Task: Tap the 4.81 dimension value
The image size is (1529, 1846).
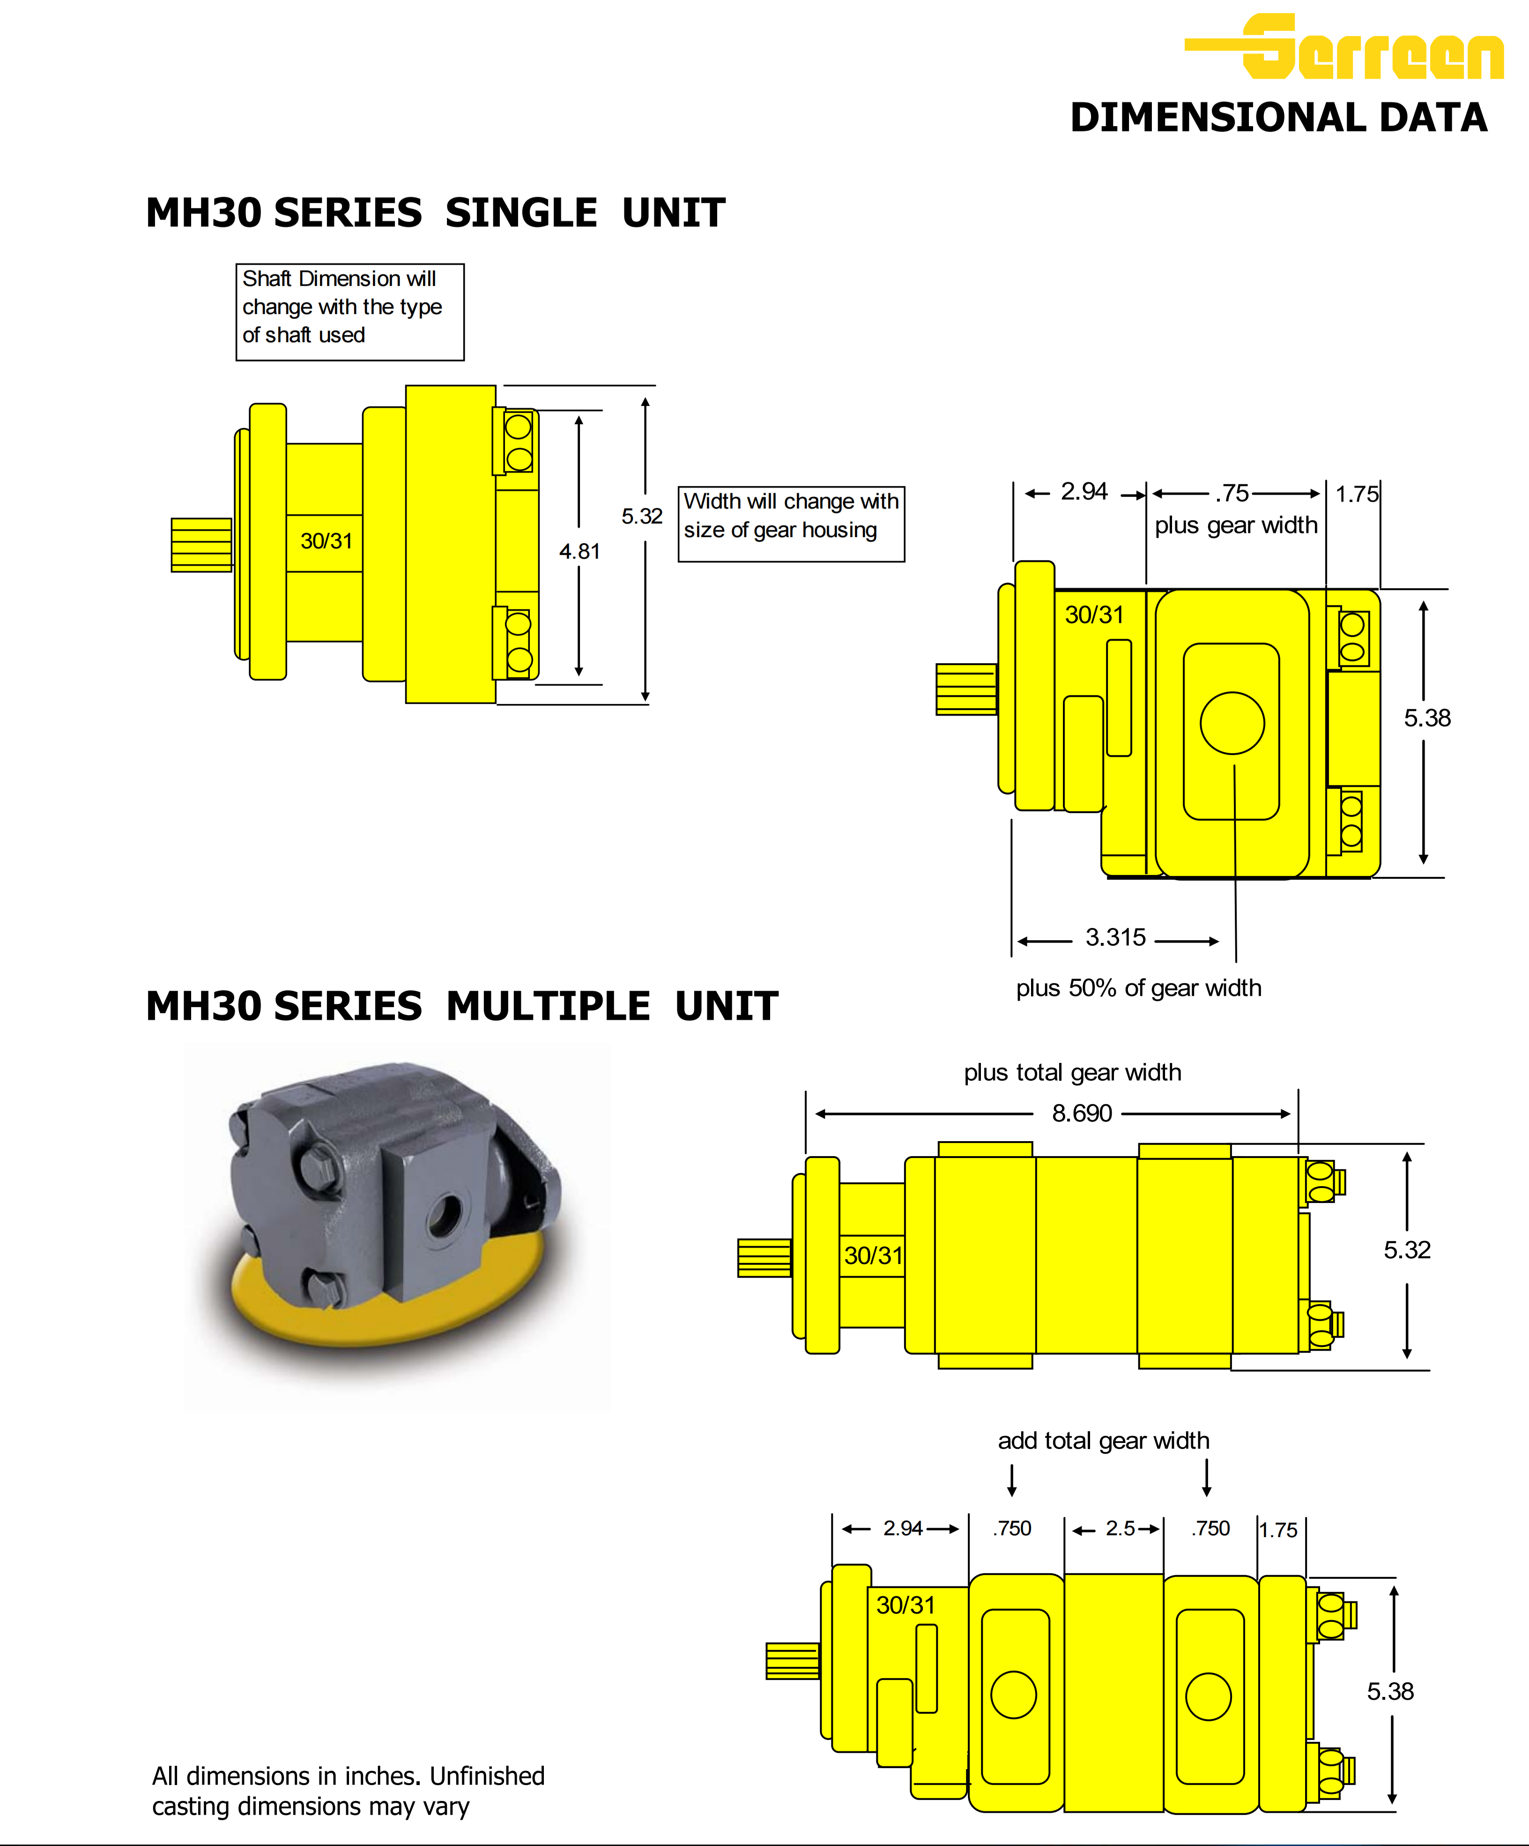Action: [579, 551]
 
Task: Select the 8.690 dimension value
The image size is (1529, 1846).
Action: [1082, 1114]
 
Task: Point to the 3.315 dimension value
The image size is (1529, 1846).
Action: [1115, 937]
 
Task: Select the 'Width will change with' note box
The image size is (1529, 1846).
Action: [791, 524]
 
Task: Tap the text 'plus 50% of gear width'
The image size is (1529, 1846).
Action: [1138, 988]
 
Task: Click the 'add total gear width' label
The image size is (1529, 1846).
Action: [1103, 1441]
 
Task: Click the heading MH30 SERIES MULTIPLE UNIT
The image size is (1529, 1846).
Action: [461, 1006]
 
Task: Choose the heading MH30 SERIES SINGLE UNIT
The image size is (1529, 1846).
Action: [435, 213]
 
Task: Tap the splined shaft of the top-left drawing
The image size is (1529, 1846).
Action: [201, 545]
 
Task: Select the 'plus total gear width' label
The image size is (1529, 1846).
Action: [1072, 1072]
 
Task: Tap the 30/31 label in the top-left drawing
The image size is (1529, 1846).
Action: [326, 541]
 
